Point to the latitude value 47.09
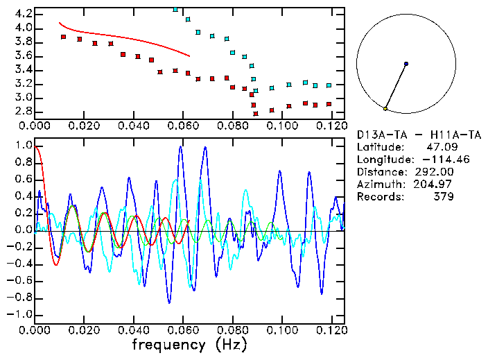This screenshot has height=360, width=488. pyautogui.click(x=439, y=147)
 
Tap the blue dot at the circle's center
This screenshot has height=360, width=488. pyautogui.click(x=406, y=64)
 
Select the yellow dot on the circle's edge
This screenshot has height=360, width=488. pyautogui.click(x=385, y=109)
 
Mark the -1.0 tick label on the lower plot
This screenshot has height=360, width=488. pyautogui.click(x=21, y=314)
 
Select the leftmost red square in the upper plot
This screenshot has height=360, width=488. pyautogui.click(x=63, y=37)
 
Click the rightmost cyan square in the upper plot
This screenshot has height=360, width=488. pyautogui.click(x=329, y=85)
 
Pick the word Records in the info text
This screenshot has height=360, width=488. pyautogui.click(x=377, y=197)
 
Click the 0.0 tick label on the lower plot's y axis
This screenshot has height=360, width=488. pyautogui.click(x=24, y=230)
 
